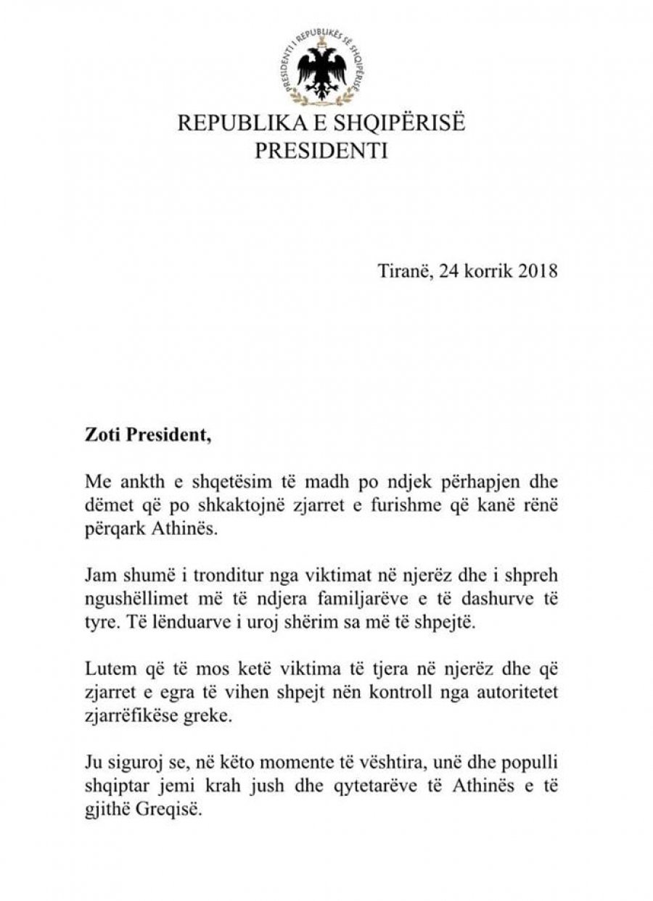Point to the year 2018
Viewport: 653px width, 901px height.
pyautogui.click(x=538, y=272)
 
